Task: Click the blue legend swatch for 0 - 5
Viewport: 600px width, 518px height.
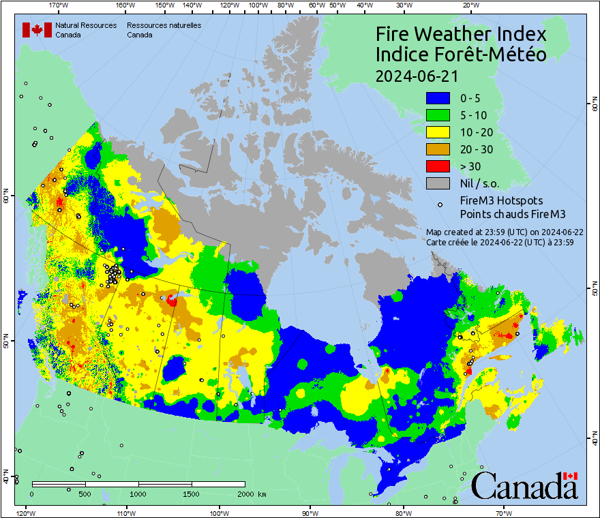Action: [437, 98]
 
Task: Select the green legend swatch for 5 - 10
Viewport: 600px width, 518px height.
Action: [437, 115]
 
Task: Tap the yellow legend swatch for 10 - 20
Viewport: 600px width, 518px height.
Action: [437, 132]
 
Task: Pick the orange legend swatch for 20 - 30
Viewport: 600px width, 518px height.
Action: [437, 149]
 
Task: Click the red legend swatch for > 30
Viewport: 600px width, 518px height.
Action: [437, 166]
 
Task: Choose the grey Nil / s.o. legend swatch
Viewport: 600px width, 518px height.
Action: [437, 183]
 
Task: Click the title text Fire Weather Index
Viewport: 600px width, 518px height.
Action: [462, 34]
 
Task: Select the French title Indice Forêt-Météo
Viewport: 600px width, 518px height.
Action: [462, 55]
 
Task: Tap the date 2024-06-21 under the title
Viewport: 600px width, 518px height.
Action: [417, 76]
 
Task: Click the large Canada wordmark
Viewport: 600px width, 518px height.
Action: [524, 486]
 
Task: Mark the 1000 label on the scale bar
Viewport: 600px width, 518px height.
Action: [138, 493]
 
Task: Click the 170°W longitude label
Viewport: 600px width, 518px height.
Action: [59, 5]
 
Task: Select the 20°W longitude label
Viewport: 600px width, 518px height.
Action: [469, 5]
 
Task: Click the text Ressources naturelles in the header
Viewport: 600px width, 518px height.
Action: [164, 25]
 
